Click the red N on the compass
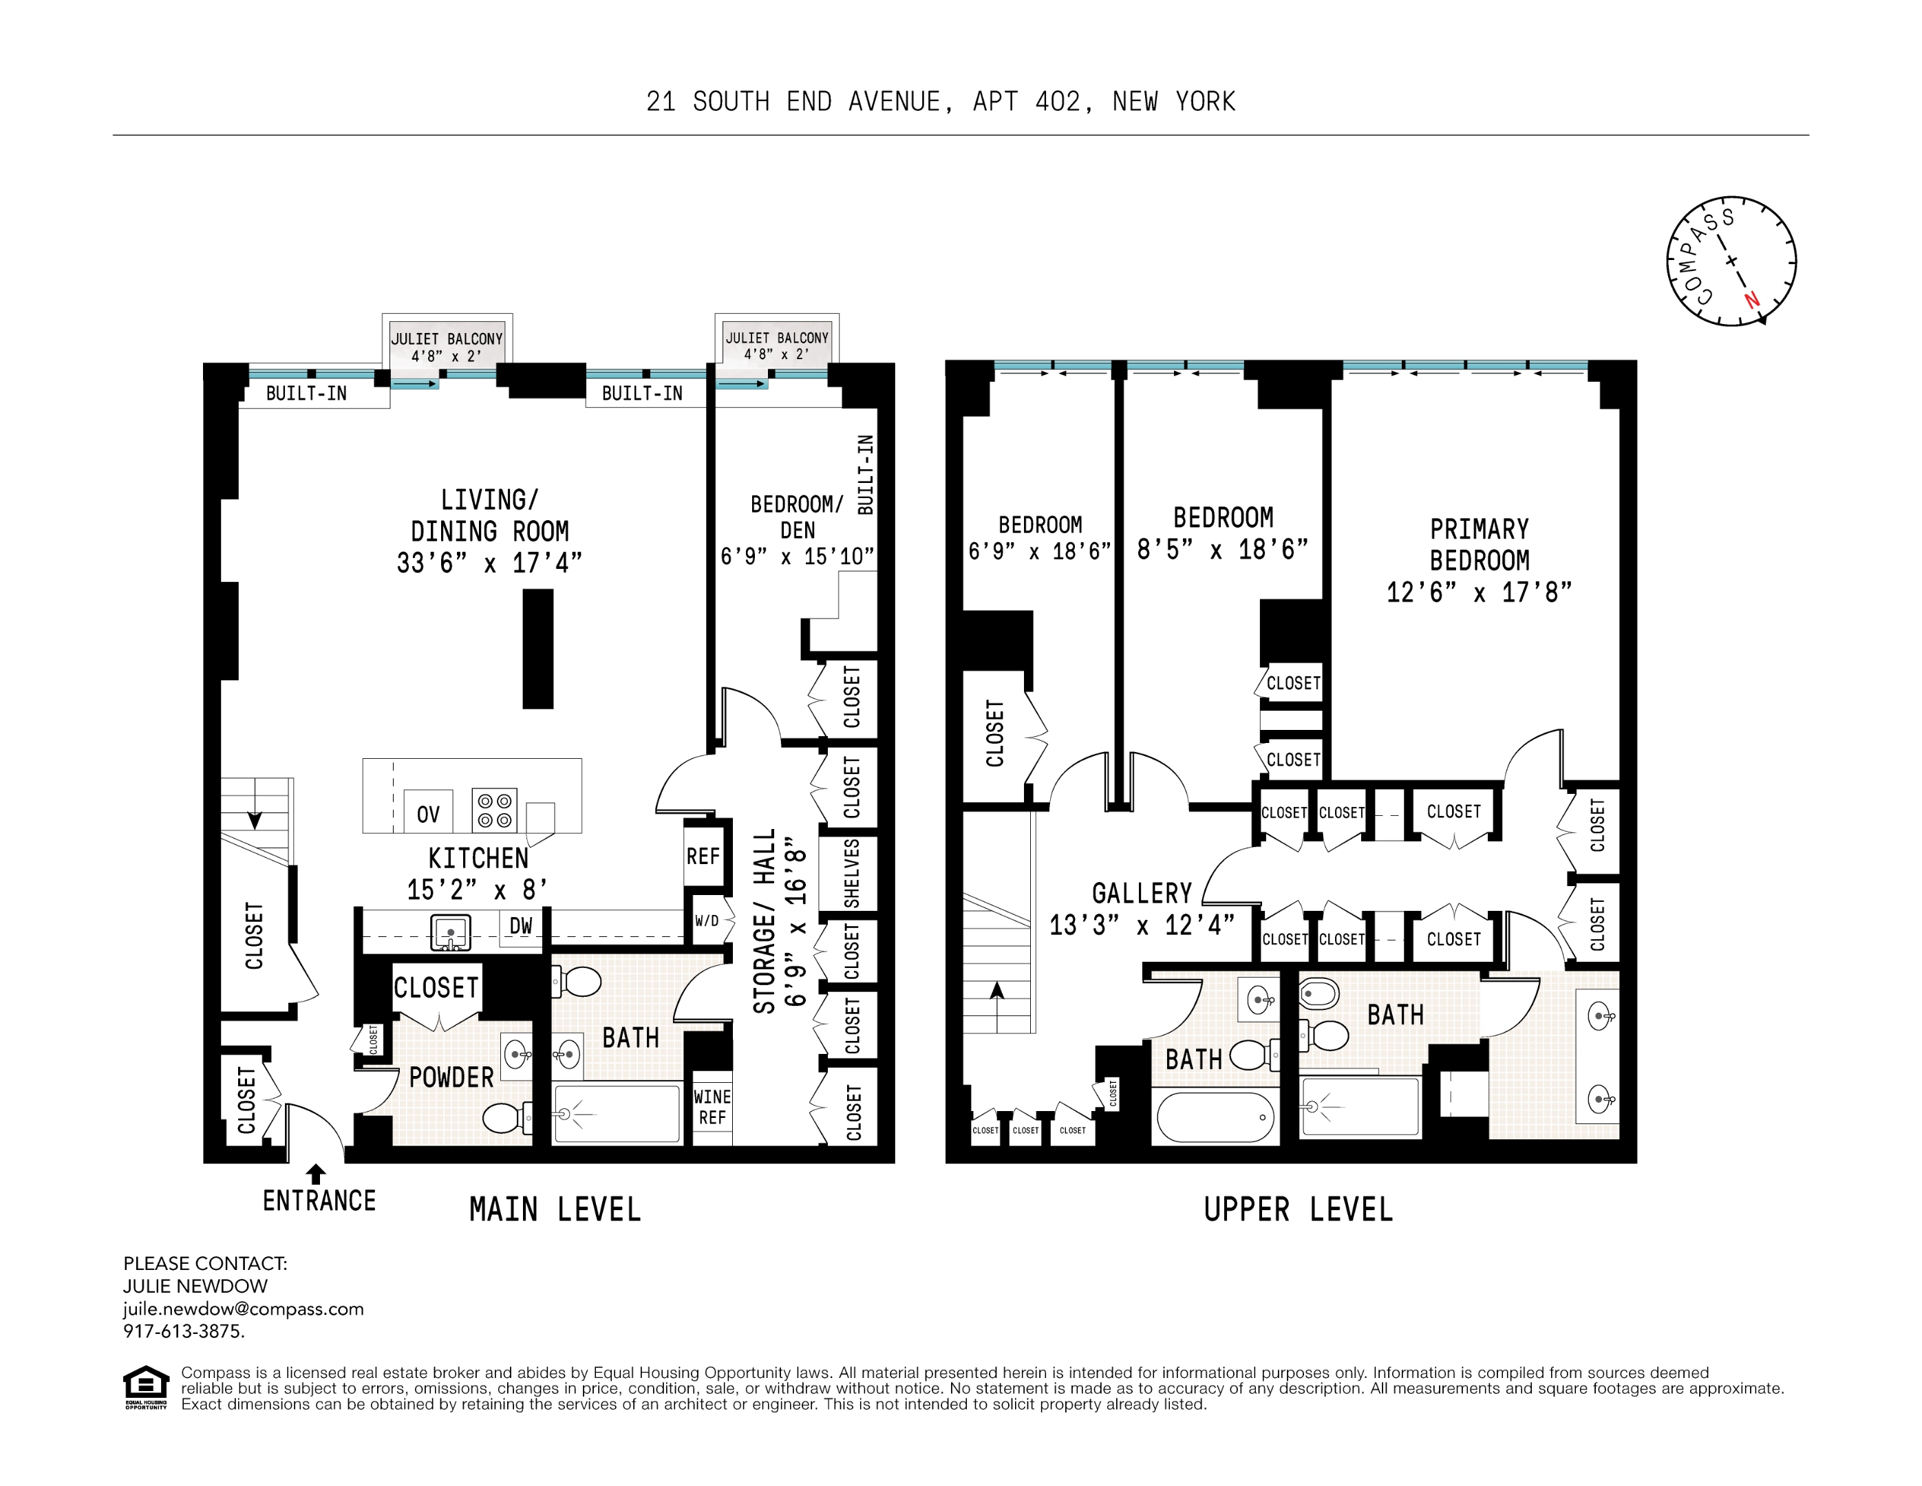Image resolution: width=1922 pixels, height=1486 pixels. click(1752, 299)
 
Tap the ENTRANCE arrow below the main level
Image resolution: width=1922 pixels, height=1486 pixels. click(316, 1174)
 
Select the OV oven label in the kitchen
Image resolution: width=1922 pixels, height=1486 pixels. click(428, 815)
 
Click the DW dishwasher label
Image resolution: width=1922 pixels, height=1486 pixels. click(521, 925)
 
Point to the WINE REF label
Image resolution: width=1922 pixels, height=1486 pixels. click(712, 1107)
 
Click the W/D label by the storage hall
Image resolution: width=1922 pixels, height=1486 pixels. click(707, 921)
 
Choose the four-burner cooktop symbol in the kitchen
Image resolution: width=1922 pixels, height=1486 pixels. click(495, 810)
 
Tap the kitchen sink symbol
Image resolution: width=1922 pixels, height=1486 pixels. click(451, 932)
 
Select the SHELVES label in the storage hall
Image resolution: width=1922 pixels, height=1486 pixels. click(852, 873)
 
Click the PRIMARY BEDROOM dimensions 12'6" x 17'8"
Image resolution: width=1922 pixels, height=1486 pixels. click(1478, 592)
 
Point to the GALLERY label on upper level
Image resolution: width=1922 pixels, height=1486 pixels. click(1142, 894)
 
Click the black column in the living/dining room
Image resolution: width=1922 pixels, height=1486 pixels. click(537, 649)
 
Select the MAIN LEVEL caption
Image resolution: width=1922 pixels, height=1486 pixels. click(555, 1209)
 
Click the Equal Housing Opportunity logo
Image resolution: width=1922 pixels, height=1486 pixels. click(145, 1388)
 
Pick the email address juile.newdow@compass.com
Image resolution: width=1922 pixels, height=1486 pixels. click(243, 1309)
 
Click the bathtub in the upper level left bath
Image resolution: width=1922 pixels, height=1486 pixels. click(1215, 1117)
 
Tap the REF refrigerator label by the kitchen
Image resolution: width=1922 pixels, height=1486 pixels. click(703, 856)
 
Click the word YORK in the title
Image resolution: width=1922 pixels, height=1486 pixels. click(1205, 102)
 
